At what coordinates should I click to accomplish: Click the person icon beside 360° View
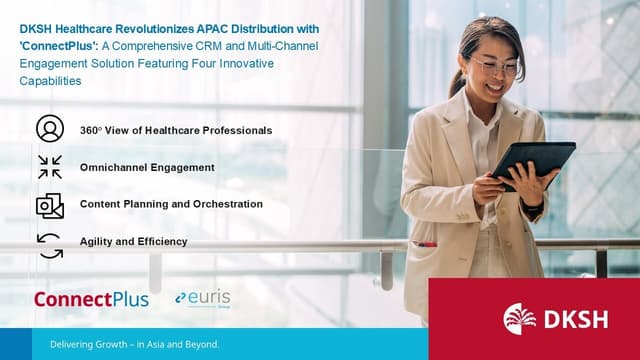(x=49, y=129)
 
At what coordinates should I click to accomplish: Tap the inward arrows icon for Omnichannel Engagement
(x=49, y=166)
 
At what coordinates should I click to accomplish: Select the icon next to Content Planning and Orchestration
(x=49, y=205)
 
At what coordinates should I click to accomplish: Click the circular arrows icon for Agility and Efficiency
(x=49, y=243)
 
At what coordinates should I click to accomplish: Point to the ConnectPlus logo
(x=91, y=299)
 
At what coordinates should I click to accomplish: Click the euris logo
(x=204, y=298)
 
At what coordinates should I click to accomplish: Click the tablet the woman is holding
(x=534, y=162)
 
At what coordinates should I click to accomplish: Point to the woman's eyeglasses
(x=496, y=67)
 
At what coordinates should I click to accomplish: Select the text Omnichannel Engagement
(x=147, y=167)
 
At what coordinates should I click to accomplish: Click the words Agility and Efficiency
(x=133, y=241)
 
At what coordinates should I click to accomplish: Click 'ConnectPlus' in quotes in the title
(x=56, y=46)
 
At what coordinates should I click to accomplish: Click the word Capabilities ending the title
(x=51, y=81)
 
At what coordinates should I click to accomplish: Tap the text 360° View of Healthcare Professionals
(x=175, y=130)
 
